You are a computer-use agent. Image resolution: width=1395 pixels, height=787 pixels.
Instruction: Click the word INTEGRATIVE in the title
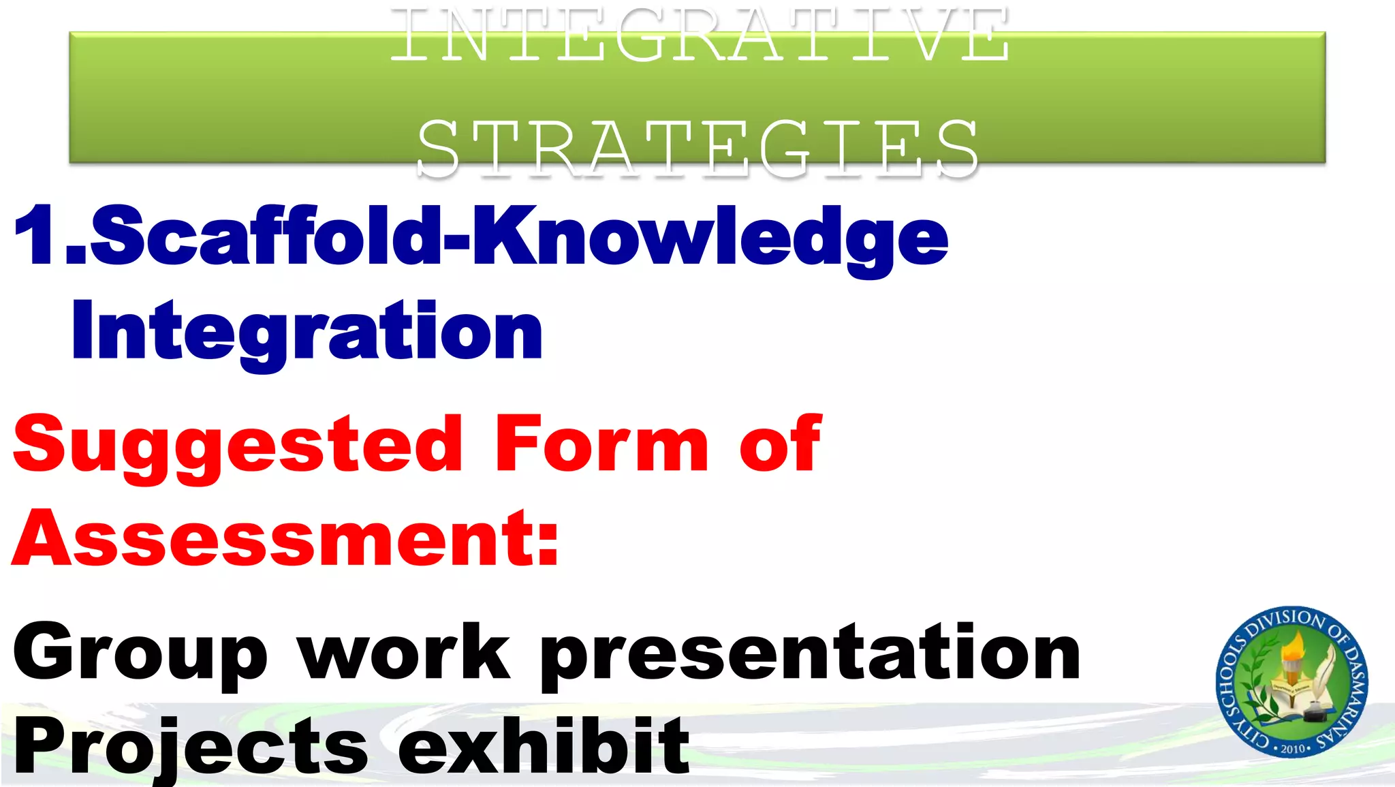700,35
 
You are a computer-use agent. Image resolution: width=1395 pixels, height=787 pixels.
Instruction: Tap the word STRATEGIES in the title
697,149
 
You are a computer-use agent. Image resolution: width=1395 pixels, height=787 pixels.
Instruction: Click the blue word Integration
307,332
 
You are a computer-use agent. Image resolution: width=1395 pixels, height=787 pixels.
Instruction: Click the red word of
781,444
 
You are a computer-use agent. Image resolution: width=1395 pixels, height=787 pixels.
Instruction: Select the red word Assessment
272,539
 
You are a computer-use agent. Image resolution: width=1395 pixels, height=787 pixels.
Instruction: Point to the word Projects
191,747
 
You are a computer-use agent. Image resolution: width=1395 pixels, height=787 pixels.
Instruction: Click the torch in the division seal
1291,658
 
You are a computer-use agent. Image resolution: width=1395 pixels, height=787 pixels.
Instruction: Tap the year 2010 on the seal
1292,748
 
